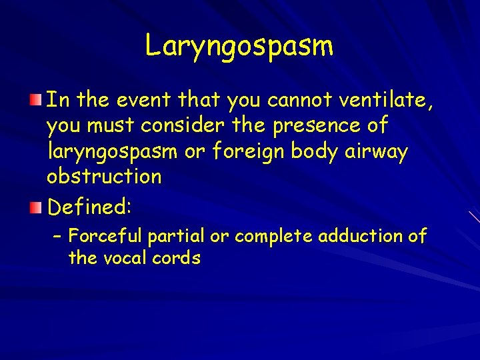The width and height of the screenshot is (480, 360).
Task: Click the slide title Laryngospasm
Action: [239, 46]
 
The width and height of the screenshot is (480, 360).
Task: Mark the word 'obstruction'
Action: [104, 177]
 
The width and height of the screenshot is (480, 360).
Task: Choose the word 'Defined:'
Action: [89, 207]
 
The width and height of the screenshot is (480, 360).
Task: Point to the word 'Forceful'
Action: [106, 236]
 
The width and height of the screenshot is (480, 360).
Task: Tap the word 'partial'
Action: [176, 236]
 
